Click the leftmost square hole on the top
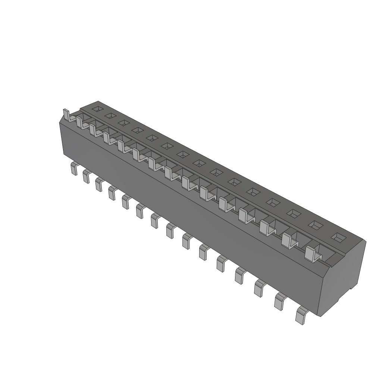coord(97,109)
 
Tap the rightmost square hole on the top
coord(338,237)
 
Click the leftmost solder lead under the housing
coord(74,169)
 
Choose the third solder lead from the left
coord(99,185)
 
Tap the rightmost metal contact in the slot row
coord(311,254)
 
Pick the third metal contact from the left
coord(94,130)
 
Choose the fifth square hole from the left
coord(152,138)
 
